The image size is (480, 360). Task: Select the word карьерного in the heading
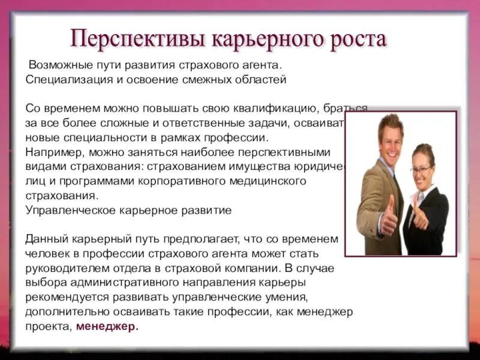(x=265, y=40)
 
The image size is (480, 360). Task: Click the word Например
(x=50, y=152)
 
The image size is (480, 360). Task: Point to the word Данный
(x=45, y=239)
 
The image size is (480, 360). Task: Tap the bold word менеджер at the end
(x=107, y=327)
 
